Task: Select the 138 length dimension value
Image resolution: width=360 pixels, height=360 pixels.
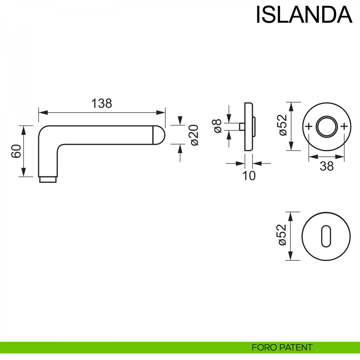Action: point(101,103)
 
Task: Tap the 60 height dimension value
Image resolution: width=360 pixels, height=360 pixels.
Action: point(16,151)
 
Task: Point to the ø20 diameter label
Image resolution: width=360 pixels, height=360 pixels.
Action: point(194,135)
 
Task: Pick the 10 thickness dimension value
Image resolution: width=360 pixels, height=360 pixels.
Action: point(249,176)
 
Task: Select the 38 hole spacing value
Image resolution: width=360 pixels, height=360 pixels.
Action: point(326,166)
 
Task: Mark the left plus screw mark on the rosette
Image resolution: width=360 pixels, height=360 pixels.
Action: point(308,127)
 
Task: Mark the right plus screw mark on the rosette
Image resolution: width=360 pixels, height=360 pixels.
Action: point(344,127)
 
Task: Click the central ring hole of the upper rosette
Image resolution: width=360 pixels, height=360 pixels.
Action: point(326,127)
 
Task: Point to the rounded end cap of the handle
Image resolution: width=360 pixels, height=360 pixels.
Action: point(159,135)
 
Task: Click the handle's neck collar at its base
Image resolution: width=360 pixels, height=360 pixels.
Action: point(48,179)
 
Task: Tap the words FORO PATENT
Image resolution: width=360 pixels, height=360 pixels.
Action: point(282,347)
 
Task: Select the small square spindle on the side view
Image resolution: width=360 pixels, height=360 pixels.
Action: point(241,127)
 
